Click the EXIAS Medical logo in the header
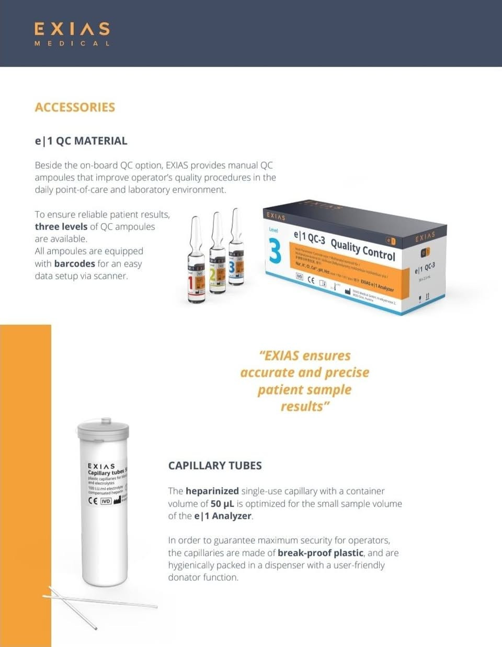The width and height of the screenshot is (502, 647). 72,33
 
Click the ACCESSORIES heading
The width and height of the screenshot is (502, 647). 75,107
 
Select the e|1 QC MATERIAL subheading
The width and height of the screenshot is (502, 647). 81,141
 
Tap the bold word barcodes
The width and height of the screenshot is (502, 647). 74,263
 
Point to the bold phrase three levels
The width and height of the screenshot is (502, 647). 61,226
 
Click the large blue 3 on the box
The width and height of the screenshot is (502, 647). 275,251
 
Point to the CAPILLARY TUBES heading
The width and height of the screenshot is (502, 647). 215,465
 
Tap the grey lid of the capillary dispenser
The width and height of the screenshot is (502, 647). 103,430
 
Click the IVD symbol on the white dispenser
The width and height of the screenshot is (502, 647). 106,501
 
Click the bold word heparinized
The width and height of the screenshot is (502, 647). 212,491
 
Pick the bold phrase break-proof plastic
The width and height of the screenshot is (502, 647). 320,552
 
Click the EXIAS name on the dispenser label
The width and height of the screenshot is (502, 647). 101,466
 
